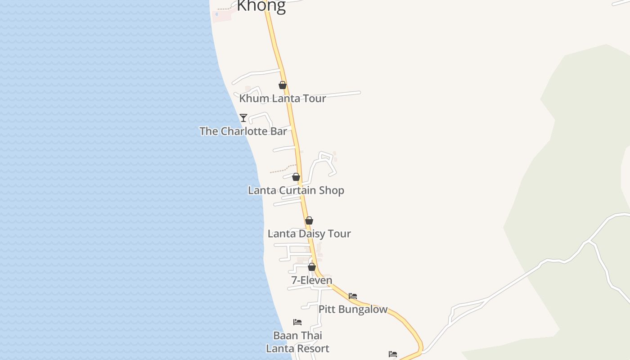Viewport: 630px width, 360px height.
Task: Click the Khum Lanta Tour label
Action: click(283, 99)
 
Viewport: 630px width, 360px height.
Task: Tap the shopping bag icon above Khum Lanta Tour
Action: click(283, 85)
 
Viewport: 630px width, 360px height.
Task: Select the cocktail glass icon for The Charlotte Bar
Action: click(243, 118)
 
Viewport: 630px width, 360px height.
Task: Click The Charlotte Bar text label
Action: click(243, 131)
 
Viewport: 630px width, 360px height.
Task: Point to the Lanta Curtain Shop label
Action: click(296, 190)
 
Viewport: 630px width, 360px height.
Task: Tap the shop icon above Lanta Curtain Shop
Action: click(296, 177)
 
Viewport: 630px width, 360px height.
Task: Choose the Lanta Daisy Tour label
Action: click(309, 234)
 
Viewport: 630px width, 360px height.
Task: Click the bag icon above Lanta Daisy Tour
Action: click(309, 220)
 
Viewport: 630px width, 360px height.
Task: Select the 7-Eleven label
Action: click(312, 280)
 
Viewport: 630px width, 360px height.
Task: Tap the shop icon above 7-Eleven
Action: click(312, 267)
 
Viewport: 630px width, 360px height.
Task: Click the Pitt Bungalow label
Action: click(353, 310)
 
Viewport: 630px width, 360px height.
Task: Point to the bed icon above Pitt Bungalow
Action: click(353, 296)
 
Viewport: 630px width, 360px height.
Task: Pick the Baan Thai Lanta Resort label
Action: click(297, 342)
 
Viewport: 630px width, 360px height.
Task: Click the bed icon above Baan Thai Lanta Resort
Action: click(297, 322)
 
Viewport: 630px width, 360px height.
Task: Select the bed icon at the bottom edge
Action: click(393, 354)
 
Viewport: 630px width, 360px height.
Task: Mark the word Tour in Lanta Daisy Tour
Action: click(340, 234)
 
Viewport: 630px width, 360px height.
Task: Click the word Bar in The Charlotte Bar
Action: click(279, 131)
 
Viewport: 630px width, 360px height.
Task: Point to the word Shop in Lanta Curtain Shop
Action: click(332, 190)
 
